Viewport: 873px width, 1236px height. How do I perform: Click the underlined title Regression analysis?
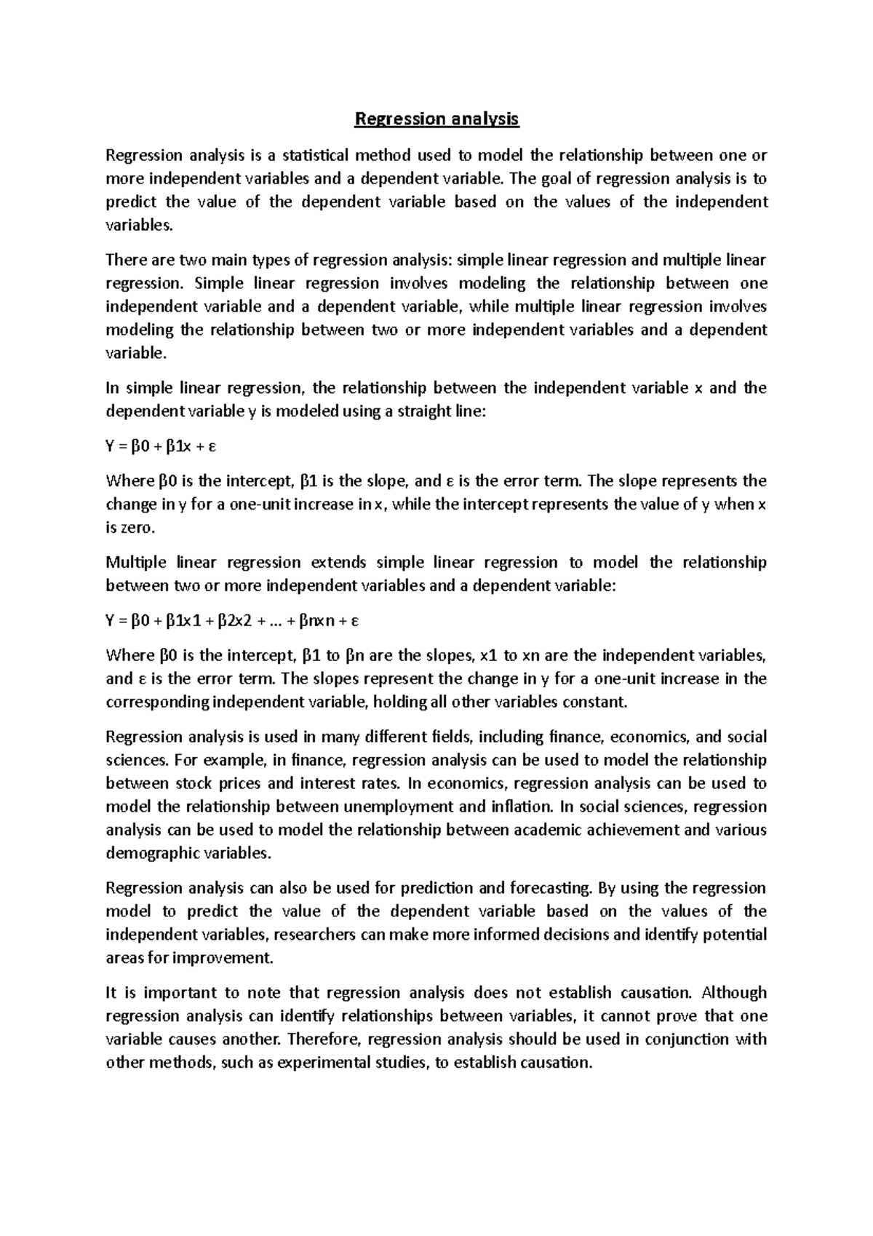(436, 119)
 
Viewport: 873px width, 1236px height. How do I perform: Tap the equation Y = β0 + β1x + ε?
(161, 447)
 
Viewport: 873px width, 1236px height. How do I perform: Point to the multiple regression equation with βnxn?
(233, 622)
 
